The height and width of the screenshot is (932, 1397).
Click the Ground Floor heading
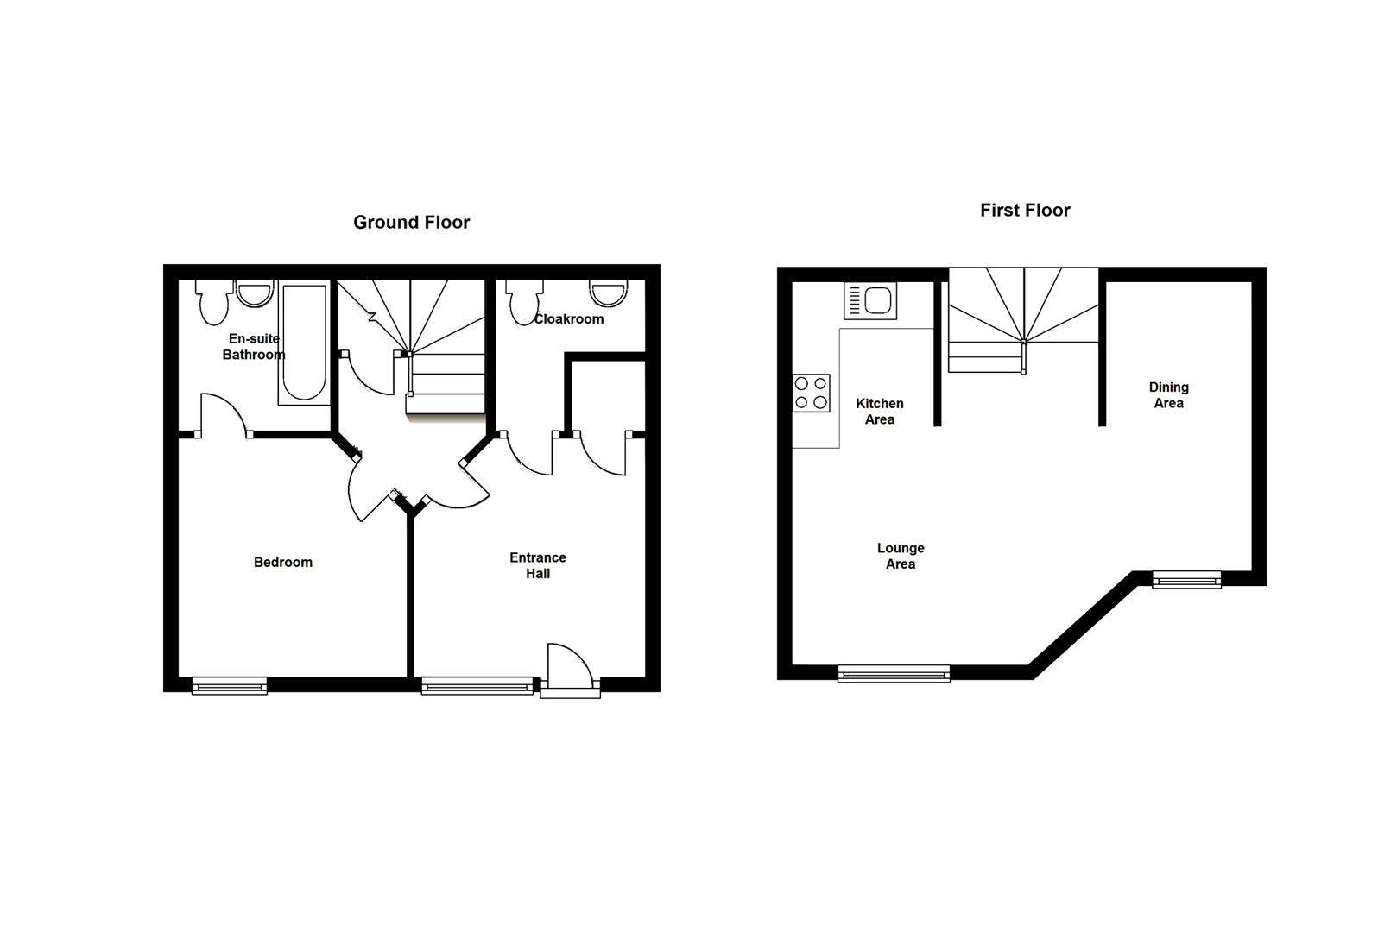coord(411,222)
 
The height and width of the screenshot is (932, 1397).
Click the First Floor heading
coord(1025,210)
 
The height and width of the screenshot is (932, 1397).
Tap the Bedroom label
coord(283,562)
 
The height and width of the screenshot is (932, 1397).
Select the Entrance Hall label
coord(538,565)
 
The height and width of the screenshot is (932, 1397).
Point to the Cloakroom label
coord(569,318)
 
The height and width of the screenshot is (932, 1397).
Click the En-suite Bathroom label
coord(253,346)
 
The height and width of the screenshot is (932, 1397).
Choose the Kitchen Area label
coord(880,411)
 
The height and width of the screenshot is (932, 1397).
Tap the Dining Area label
coord(1168,395)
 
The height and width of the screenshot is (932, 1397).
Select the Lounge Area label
coord(901,556)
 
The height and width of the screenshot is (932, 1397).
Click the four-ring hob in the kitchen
coord(811,393)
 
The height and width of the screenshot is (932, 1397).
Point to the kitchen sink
coord(871,300)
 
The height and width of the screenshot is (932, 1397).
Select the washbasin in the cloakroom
coord(608,293)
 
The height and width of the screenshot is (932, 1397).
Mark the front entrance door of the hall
coord(569,671)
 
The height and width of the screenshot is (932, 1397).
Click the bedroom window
coord(230,686)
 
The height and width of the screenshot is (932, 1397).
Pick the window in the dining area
coord(1186,580)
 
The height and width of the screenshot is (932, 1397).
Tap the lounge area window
coord(894,673)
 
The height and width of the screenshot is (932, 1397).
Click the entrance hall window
coord(477,686)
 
